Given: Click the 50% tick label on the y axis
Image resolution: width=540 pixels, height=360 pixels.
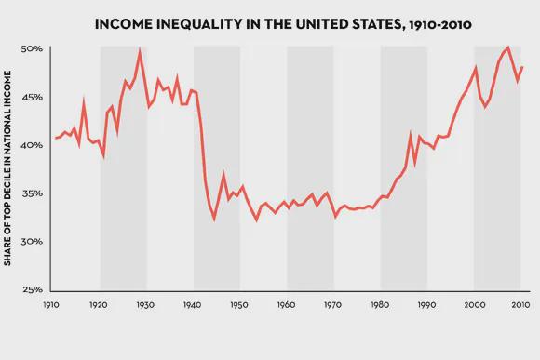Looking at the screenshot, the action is (32, 49).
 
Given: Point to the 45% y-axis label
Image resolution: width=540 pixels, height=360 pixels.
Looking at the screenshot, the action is (32, 97).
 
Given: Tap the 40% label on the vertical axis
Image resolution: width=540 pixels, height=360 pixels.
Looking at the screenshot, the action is (32, 145).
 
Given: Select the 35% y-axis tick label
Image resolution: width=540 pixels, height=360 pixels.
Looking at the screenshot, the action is (32, 193).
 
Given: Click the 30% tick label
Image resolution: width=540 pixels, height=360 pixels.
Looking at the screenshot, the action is (32, 242).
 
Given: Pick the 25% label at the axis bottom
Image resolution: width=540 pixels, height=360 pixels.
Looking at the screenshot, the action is (33, 290).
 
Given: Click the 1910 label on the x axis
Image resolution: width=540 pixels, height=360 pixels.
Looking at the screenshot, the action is (51, 305).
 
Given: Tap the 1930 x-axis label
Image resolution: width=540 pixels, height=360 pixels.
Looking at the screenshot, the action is (145, 305).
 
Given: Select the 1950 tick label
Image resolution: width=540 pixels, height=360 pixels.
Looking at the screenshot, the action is (239, 305).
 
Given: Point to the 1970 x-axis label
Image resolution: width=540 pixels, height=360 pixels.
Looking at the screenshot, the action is (332, 305).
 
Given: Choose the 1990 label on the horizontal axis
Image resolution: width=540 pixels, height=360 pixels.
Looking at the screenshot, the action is (426, 305).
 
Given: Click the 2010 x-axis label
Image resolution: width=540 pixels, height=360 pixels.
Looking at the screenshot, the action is (520, 305).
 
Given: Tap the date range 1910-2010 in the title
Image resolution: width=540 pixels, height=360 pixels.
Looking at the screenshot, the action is (439, 25).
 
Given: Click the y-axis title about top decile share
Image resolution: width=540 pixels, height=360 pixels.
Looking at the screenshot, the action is (7, 168).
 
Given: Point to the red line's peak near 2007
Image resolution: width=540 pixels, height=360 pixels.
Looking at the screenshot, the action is (508, 47).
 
